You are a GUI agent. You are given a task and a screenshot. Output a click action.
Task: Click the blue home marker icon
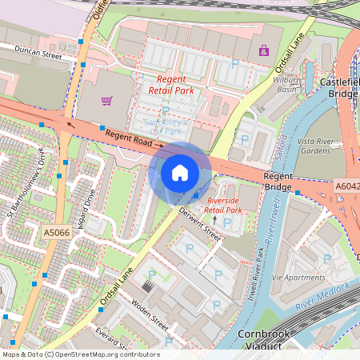tap(180, 173)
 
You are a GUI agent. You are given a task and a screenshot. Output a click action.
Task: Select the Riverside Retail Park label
tap(223, 205)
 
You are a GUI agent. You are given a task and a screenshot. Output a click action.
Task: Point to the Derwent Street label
tap(200, 223)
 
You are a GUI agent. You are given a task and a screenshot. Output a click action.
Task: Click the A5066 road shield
tap(56, 233)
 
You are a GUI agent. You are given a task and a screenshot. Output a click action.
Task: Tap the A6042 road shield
tap(346, 186)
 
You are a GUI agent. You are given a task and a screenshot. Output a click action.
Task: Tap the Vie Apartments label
tap(299, 276)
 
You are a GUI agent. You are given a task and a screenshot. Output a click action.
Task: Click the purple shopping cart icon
tap(106, 101)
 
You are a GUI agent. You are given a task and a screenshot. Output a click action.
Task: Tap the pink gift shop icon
tap(262, 50)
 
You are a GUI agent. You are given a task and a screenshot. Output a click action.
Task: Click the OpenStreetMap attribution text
tap(80, 354)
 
